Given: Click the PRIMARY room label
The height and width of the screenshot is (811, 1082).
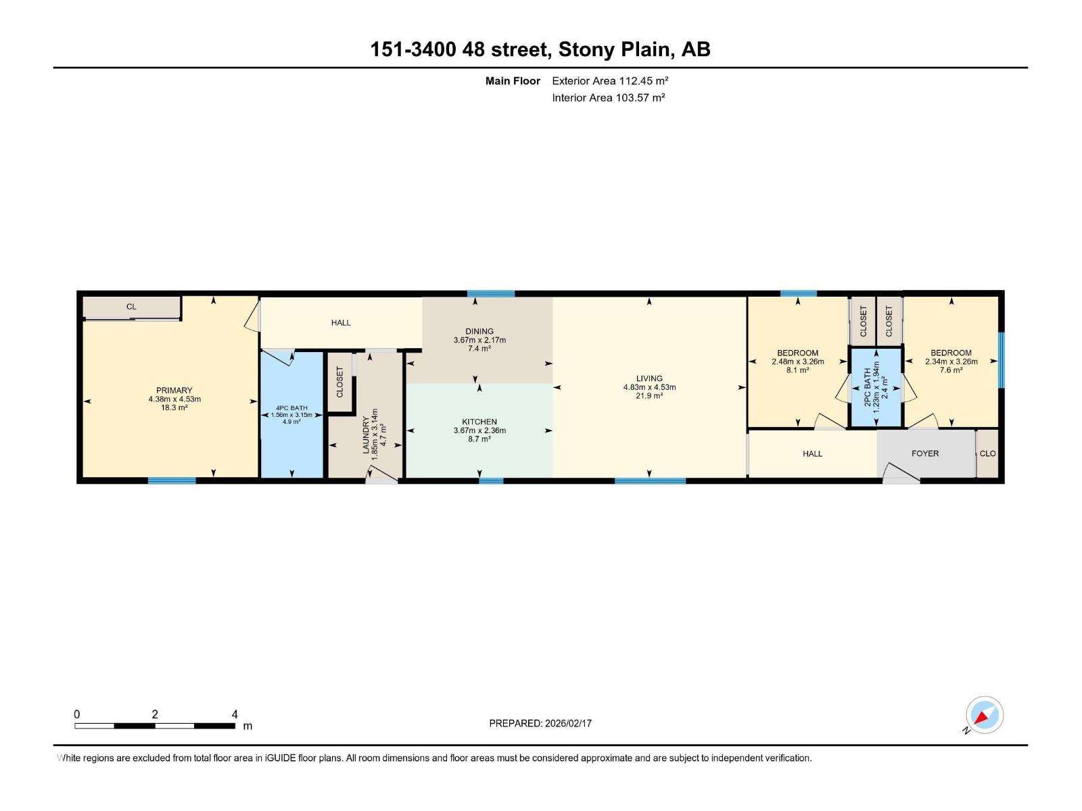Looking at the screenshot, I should tap(174, 390).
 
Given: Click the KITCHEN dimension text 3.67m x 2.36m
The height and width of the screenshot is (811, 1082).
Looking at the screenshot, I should tap(479, 431).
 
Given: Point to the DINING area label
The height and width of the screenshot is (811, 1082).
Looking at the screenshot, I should tap(479, 331).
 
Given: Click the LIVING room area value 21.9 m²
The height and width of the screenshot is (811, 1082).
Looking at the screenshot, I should tap(649, 396).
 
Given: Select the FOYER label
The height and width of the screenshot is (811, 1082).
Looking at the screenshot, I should tap(924, 453).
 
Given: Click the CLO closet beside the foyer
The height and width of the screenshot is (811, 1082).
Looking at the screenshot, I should tap(987, 453).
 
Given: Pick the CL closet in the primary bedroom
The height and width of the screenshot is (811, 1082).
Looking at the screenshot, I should tap(131, 307).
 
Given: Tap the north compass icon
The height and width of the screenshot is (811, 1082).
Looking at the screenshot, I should tap(984, 715).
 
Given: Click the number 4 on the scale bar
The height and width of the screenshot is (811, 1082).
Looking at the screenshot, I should tap(235, 714).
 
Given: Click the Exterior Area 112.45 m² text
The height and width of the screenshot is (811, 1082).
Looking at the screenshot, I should tap(610, 80).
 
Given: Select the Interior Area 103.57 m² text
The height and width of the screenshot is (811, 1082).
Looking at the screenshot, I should tap(608, 97).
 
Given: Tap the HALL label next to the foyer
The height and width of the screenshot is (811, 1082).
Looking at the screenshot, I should tap(812, 453).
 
